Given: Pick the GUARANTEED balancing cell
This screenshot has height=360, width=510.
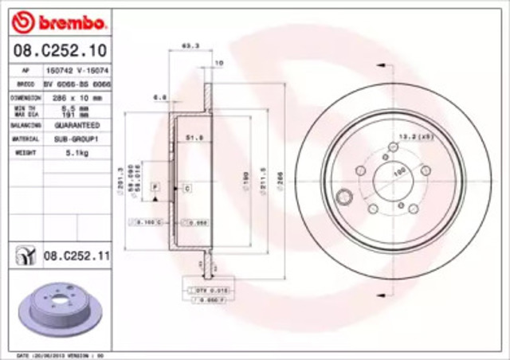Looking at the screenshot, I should coord(76,126).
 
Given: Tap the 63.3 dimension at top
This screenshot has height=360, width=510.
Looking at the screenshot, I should coord(190,46).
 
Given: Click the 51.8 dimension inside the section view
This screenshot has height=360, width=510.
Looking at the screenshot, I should coord(192,137).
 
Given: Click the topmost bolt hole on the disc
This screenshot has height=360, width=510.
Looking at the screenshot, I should coord(391,147).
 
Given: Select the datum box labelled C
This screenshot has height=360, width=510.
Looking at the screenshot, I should coord(187,188).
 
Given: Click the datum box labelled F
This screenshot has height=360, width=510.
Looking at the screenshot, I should coord(156,186).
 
